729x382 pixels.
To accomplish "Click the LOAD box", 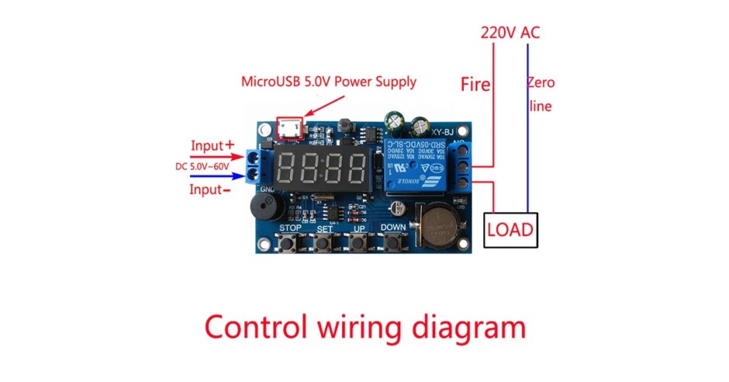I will click(x=510, y=230).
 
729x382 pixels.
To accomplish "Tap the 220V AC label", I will click(x=510, y=33).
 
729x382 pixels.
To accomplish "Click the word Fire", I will click(x=475, y=84).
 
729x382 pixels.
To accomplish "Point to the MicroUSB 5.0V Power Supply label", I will click(x=329, y=81).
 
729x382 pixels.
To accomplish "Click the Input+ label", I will click(x=212, y=145).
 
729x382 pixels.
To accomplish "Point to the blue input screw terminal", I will click(x=256, y=165).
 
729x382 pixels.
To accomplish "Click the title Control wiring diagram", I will click(x=364, y=327).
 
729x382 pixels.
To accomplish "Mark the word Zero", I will click(x=541, y=83).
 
